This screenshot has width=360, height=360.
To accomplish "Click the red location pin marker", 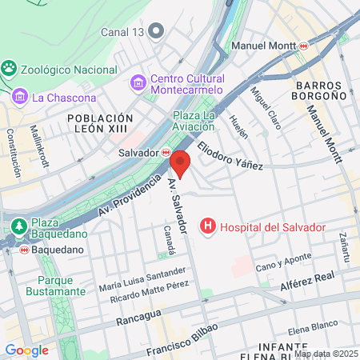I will (180, 163).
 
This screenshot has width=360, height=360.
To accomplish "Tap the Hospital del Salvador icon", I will (209, 227).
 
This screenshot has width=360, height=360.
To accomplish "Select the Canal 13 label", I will (123, 32).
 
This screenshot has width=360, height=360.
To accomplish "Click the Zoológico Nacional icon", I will (9, 69).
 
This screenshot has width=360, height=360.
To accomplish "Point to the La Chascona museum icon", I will (19, 98).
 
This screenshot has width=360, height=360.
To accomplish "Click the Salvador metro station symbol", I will (166, 151).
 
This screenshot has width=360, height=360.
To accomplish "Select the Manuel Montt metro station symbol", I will (303, 46).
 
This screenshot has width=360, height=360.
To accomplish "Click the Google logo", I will (26, 350).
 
